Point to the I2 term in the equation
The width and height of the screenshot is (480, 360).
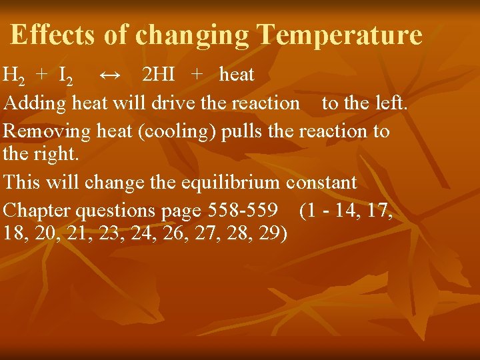click(66, 75)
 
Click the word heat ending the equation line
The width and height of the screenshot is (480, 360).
click(237, 75)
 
